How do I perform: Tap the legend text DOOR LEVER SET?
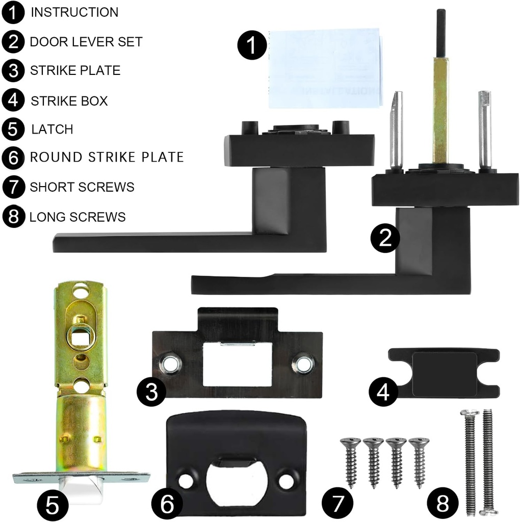click(x=86, y=42)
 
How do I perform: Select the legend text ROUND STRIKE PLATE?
click(x=107, y=157)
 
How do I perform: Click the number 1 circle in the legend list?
click(x=13, y=13)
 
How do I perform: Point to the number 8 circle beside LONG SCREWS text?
click(x=13, y=217)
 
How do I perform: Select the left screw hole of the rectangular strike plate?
click(x=169, y=363)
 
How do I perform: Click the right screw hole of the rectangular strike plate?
click(x=304, y=363)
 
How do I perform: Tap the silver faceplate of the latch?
click(x=82, y=478)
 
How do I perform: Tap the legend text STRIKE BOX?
click(x=69, y=101)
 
